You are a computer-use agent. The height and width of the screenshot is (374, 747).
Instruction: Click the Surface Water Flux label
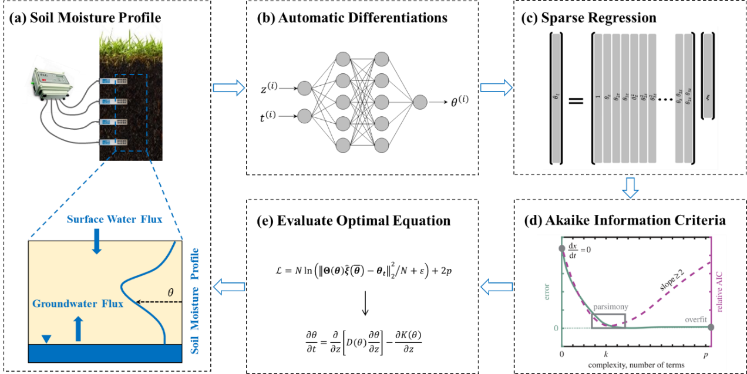tap(114, 220)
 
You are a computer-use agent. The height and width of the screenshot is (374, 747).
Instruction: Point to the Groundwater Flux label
tap(78, 304)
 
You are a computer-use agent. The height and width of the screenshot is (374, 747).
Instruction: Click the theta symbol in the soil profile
tap(170, 292)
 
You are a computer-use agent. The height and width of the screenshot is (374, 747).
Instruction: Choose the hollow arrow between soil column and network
tap(228, 88)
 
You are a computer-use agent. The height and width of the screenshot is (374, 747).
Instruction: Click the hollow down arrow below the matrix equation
tap(630, 187)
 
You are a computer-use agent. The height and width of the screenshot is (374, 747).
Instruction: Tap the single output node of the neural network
tap(420, 102)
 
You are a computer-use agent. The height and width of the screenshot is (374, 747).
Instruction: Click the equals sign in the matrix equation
tap(576, 102)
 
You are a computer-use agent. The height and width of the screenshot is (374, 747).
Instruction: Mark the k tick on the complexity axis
tap(605, 355)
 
